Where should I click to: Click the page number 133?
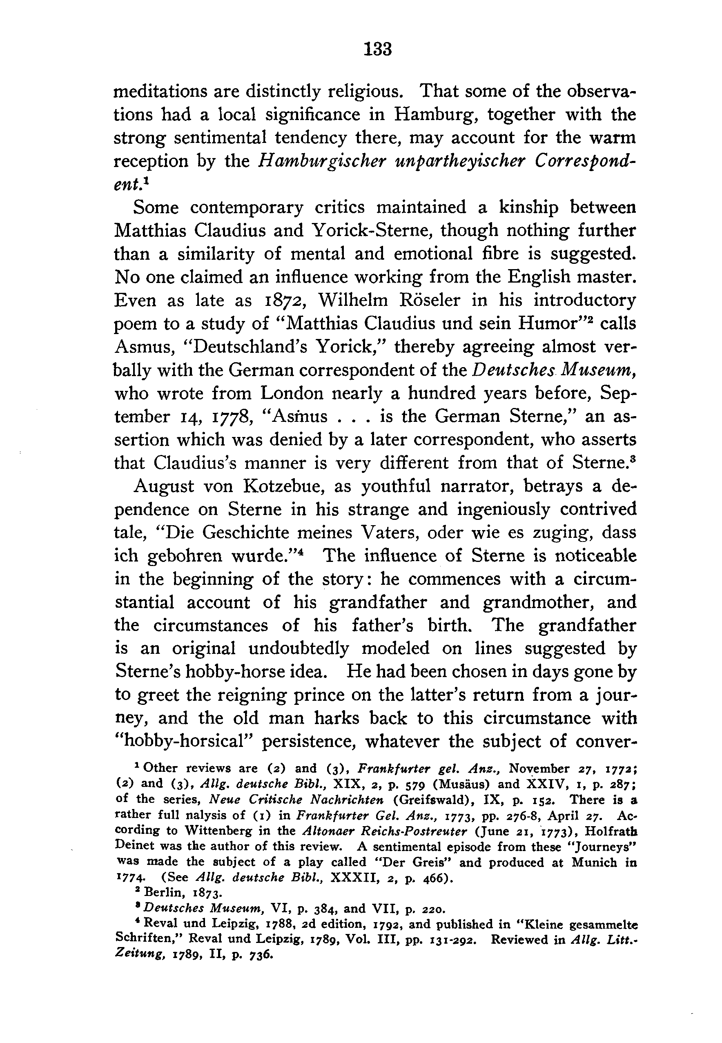pyautogui.click(x=378, y=49)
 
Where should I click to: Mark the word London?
pyautogui.click(x=292, y=393)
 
